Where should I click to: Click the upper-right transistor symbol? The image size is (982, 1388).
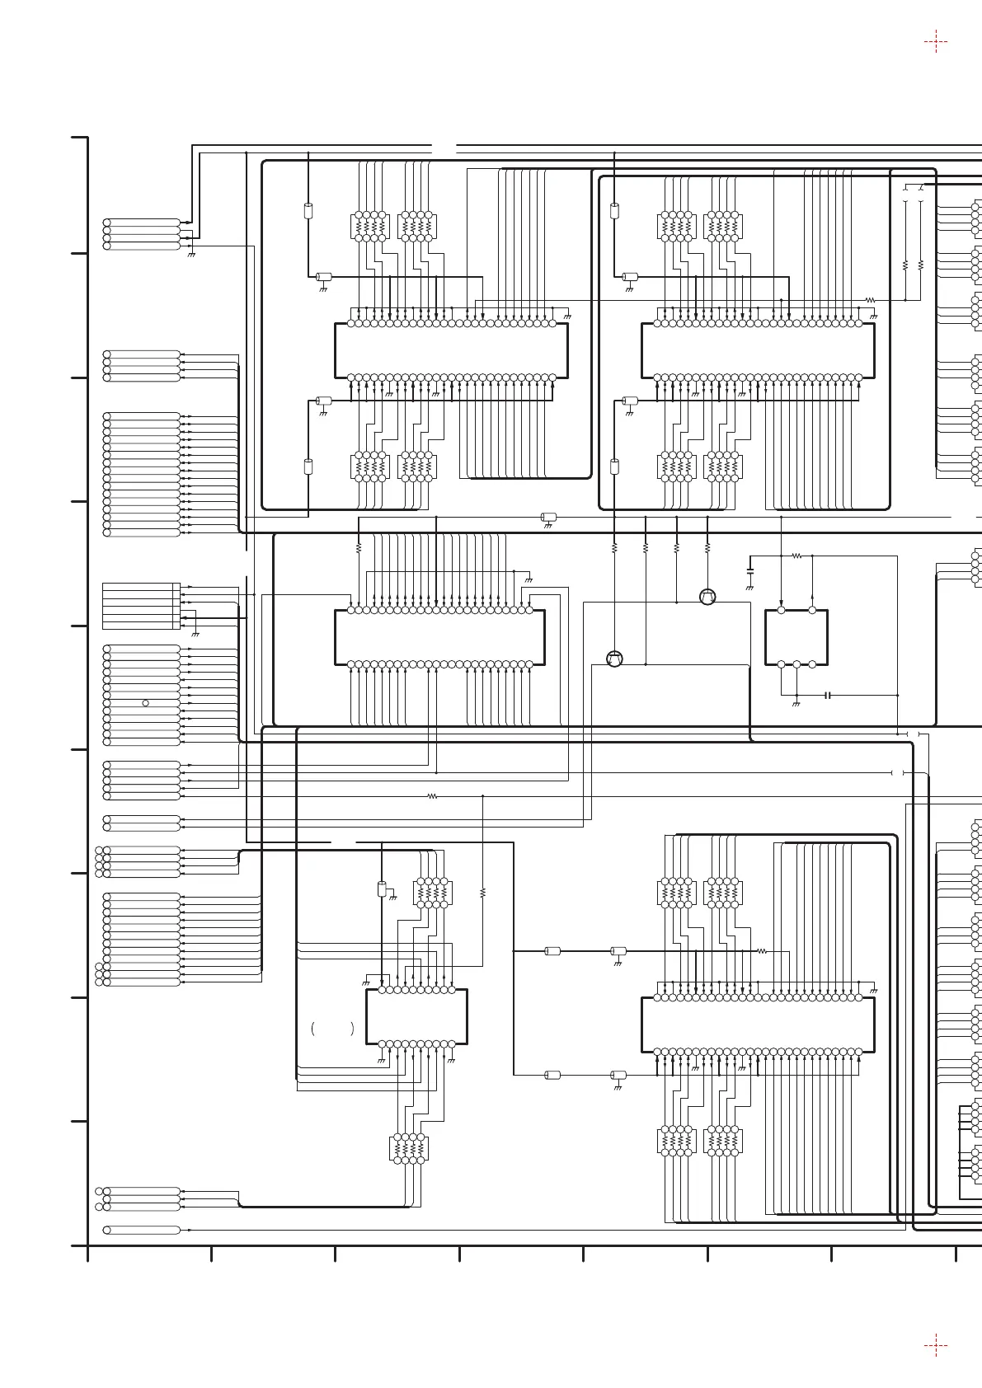click(707, 597)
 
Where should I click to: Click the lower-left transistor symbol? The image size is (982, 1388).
click(614, 659)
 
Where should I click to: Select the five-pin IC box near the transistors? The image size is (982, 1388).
click(796, 637)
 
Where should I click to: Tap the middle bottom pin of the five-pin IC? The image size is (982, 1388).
click(796, 664)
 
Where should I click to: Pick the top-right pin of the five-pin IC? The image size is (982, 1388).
click(812, 610)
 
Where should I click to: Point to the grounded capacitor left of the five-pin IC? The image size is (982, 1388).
click(749, 570)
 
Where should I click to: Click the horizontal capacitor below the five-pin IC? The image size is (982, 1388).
click(827, 695)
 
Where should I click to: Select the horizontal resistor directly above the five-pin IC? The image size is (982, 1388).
click(796, 556)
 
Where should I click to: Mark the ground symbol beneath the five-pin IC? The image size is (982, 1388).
click(796, 706)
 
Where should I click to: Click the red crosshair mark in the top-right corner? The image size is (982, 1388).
click(936, 41)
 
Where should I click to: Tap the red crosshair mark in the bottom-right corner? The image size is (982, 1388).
click(936, 1345)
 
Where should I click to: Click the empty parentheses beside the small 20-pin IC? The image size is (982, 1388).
click(332, 1029)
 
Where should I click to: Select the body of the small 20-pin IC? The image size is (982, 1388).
click(416, 1016)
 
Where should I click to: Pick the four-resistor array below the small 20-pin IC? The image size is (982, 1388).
click(408, 1148)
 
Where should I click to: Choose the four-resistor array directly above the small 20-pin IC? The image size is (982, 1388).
click(432, 893)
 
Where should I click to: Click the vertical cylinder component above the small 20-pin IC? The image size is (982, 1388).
click(381, 889)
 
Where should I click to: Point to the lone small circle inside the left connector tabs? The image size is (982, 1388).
click(146, 703)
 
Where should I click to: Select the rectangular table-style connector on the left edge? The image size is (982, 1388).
click(140, 606)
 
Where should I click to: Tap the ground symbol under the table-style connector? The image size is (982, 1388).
click(195, 634)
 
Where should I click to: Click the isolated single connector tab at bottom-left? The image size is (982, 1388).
click(143, 1230)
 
